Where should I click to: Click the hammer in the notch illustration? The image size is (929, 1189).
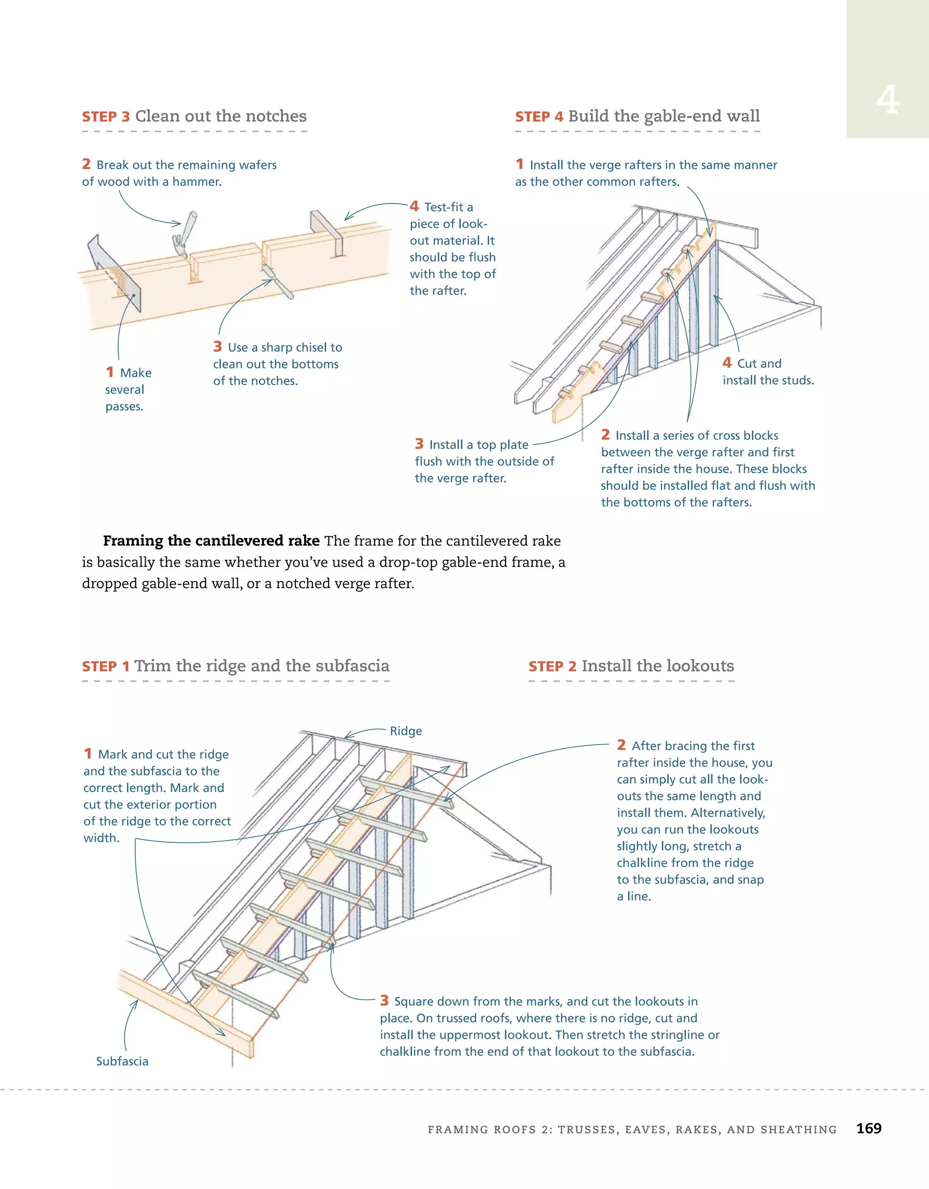(x=185, y=234)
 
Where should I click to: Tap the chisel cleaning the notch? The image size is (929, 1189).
(x=278, y=282)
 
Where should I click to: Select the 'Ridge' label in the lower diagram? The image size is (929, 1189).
(x=406, y=731)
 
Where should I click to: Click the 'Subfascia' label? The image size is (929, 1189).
(x=122, y=1061)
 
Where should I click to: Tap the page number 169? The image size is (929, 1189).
(x=869, y=1128)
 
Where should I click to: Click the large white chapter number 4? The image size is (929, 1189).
(x=888, y=100)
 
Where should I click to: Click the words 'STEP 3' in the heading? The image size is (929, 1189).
(x=106, y=117)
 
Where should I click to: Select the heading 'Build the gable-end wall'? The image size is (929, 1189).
(x=664, y=116)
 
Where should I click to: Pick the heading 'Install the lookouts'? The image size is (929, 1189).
(x=657, y=666)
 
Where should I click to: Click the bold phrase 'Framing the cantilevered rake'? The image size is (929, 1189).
(x=211, y=540)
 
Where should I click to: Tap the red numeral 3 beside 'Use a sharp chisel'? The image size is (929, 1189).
(x=218, y=347)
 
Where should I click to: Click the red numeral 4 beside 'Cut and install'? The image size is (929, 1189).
(x=727, y=363)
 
